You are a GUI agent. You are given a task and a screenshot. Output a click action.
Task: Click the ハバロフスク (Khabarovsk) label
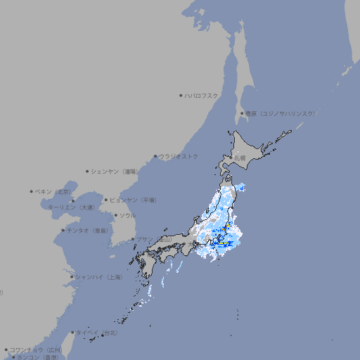(x=202, y=95)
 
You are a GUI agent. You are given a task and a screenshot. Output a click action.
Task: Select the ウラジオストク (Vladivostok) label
(x=179, y=156)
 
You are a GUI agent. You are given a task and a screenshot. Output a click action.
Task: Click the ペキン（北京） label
(x=53, y=191)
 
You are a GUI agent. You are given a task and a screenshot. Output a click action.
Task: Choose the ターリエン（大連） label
(x=71, y=207)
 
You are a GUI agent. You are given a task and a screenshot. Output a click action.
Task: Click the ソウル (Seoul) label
(x=127, y=215)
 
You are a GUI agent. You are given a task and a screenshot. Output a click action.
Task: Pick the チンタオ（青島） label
(x=88, y=230)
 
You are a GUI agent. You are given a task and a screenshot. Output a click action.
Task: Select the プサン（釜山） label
(x=154, y=239)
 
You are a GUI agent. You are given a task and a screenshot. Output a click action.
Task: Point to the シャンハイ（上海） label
(x=98, y=277)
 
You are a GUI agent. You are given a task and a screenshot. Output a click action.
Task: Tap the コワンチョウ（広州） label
(x=35, y=349)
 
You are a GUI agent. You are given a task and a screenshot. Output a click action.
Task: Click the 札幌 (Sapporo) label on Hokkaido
(x=240, y=158)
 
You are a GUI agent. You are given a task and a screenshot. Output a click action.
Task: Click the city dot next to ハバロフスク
(x=181, y=95)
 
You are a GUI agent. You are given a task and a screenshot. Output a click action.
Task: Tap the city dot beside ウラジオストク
(x=155, y=156)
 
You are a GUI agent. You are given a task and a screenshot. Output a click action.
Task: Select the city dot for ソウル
(x=115, y=215)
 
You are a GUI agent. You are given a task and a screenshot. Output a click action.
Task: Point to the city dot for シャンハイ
(x=72, y=277)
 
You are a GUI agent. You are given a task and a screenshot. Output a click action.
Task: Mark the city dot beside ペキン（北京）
(x=32, y=191)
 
